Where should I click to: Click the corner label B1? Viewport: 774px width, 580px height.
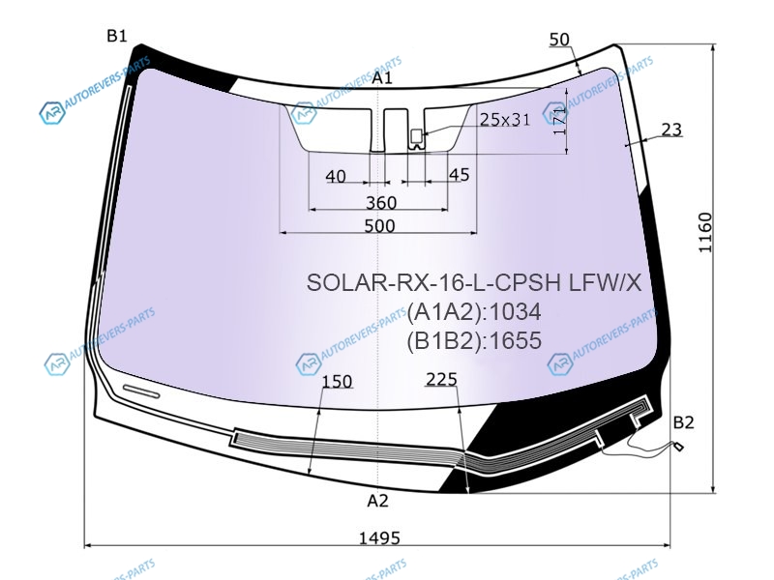point(117,36)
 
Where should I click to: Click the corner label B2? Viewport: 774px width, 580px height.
point(684,422)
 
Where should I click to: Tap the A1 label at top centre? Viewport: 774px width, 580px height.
point(382,77)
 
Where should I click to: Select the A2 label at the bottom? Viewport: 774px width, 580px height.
point(378,501)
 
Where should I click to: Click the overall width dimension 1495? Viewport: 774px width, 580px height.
point(379,537)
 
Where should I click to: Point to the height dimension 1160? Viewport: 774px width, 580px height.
point(705,232)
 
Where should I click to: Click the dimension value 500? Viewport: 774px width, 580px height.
point(379,225)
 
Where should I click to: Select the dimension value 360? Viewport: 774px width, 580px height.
point(381,202)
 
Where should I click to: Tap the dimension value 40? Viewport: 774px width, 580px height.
point(336,176)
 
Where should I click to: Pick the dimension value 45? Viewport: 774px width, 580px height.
point(459,174)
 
